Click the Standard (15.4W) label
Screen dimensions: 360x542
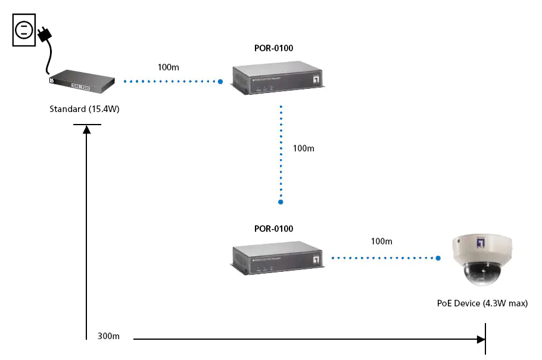pyautogui.click(x=85, y=109)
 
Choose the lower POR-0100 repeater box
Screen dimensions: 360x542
pyautogui.click(x=278, y=256)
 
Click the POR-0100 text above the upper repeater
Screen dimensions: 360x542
pyautogui.click(x=273, y=48)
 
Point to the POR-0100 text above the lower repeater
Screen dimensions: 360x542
pyautogui.click(x=273, y=228)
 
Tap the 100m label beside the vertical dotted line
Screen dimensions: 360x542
pyautogui.click(x=303, y=148)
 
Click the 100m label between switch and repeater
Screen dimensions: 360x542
pyautogui.click(x=168, y=67)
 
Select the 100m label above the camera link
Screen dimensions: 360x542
pyautogui.click(x=381, y=241)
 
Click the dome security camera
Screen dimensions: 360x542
pyautogui.click(x=482, y=259)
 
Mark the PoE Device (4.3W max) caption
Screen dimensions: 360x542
pyautogui.click(x=482, y=303)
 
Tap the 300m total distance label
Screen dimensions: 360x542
pyautogui.click(x=108, y=336)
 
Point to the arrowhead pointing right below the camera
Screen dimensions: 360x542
pyautogui.click(x=481, y=339)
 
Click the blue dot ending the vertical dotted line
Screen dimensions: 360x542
pyautogui.click(x=281, y=203)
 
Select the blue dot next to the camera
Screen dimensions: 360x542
pyautogui.click(x=438, y=259)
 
